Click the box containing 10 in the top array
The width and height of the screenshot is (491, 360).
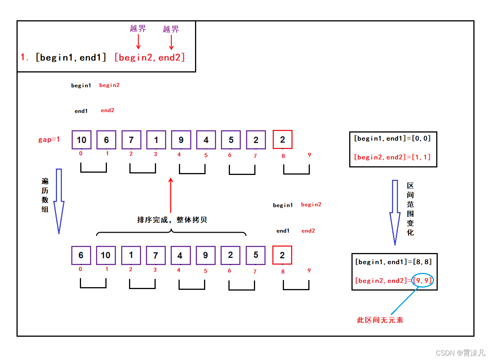point(81,140)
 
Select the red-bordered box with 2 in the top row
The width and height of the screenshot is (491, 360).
point(282,140)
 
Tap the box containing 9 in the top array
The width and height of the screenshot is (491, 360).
point(181,140)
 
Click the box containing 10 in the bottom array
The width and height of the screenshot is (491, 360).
point(106,255)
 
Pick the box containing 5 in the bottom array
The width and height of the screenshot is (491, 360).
point(256,255)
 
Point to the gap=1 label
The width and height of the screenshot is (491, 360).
point(49,139)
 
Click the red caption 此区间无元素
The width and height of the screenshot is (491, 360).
point(380,320)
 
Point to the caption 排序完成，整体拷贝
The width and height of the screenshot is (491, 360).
point(172,220)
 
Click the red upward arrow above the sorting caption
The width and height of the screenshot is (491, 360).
point(171,195)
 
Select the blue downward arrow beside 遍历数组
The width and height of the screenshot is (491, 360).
point(59,201)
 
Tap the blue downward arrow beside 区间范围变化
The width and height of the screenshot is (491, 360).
point(395,212)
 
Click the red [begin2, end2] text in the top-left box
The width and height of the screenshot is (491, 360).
point(150,57)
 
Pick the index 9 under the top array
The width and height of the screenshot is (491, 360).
point(309,155)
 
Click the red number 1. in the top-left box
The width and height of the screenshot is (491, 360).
point(24,57)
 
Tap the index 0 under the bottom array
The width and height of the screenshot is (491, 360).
point(80,269)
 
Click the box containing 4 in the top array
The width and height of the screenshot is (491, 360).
point(206,140)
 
